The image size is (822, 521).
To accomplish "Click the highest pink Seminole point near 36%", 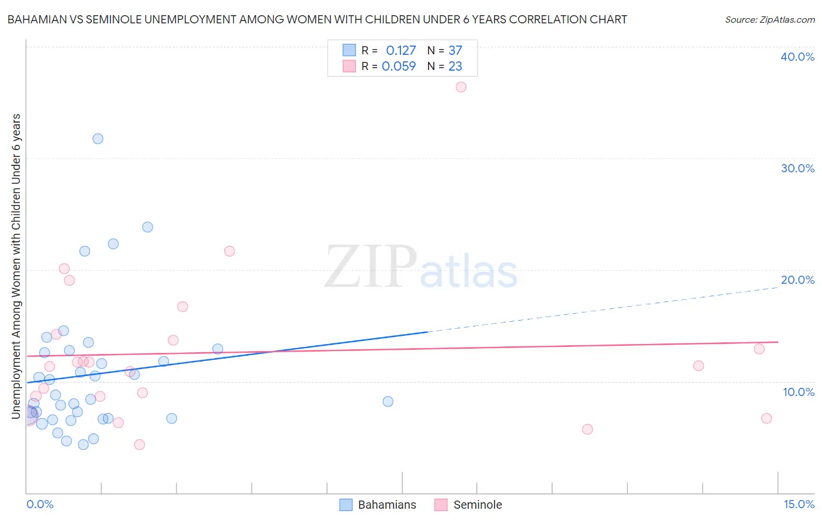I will (x=461, y=87).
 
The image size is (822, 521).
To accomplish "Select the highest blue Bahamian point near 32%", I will (x=98, y=138).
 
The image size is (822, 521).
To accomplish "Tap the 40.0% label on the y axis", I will (x=797, y=57).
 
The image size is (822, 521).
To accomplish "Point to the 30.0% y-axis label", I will (x=797, y=168).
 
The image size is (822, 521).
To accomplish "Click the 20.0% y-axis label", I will (x=797, y=280).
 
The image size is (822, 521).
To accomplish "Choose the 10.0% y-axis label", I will (x=798, y=392).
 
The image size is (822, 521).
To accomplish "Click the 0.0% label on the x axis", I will (x=40, y=504).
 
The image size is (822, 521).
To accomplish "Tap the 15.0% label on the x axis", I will (x=799, y=504).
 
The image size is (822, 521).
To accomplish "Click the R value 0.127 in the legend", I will (x=400, y=50).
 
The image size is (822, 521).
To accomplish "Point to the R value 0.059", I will (x=399, y=66).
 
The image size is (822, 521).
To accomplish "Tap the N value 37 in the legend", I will (x=455, y=50).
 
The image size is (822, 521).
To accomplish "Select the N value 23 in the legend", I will (x=455, y=66).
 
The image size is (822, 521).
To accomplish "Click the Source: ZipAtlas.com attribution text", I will (x=769, y=19).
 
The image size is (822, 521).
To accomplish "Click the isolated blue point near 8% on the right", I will (x=388, y=401).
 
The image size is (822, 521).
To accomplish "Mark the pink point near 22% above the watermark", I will (x=229, y=251).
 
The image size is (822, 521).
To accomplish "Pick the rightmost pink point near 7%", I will (x=766, y=418).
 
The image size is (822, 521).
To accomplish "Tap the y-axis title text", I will (x=16, y=266).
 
